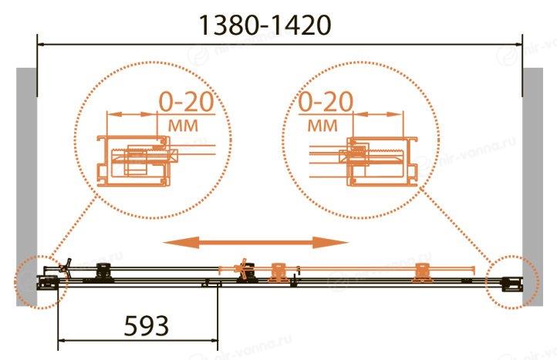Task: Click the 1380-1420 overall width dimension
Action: click(x=265, y=25)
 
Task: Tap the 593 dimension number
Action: click(x=147, y=326)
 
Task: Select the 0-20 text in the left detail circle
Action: click(x=186, y=102)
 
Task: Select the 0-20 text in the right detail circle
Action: click(x=326, y=102)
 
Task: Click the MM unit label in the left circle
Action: click(x=183, y=126)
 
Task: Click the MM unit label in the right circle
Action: click(x=322, y=126)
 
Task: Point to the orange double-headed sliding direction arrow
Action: click(x=255, y=243)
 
